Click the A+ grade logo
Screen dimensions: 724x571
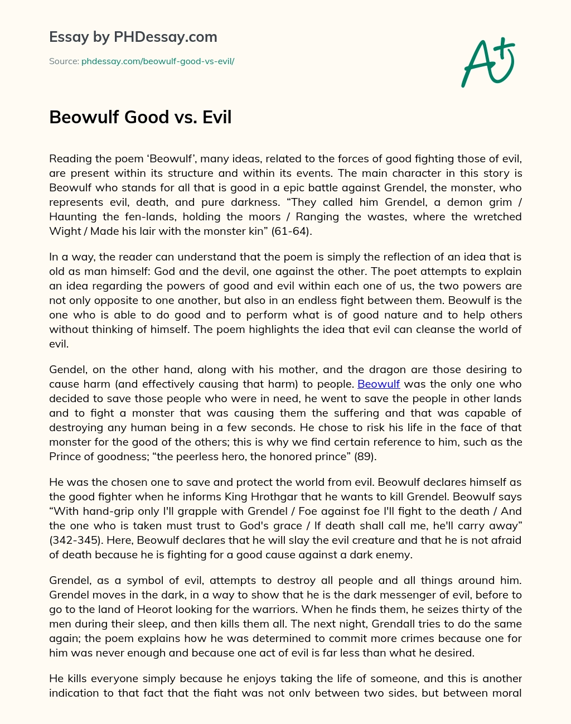tap(487, 62)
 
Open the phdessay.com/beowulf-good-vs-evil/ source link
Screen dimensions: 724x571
tap(158, 61)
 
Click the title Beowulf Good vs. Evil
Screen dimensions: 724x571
tap(140, 117)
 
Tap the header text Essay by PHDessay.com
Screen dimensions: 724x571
tap(133, 37)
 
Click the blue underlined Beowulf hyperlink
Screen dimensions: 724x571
tap(378, 384)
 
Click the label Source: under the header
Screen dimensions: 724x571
tap(64, 61)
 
